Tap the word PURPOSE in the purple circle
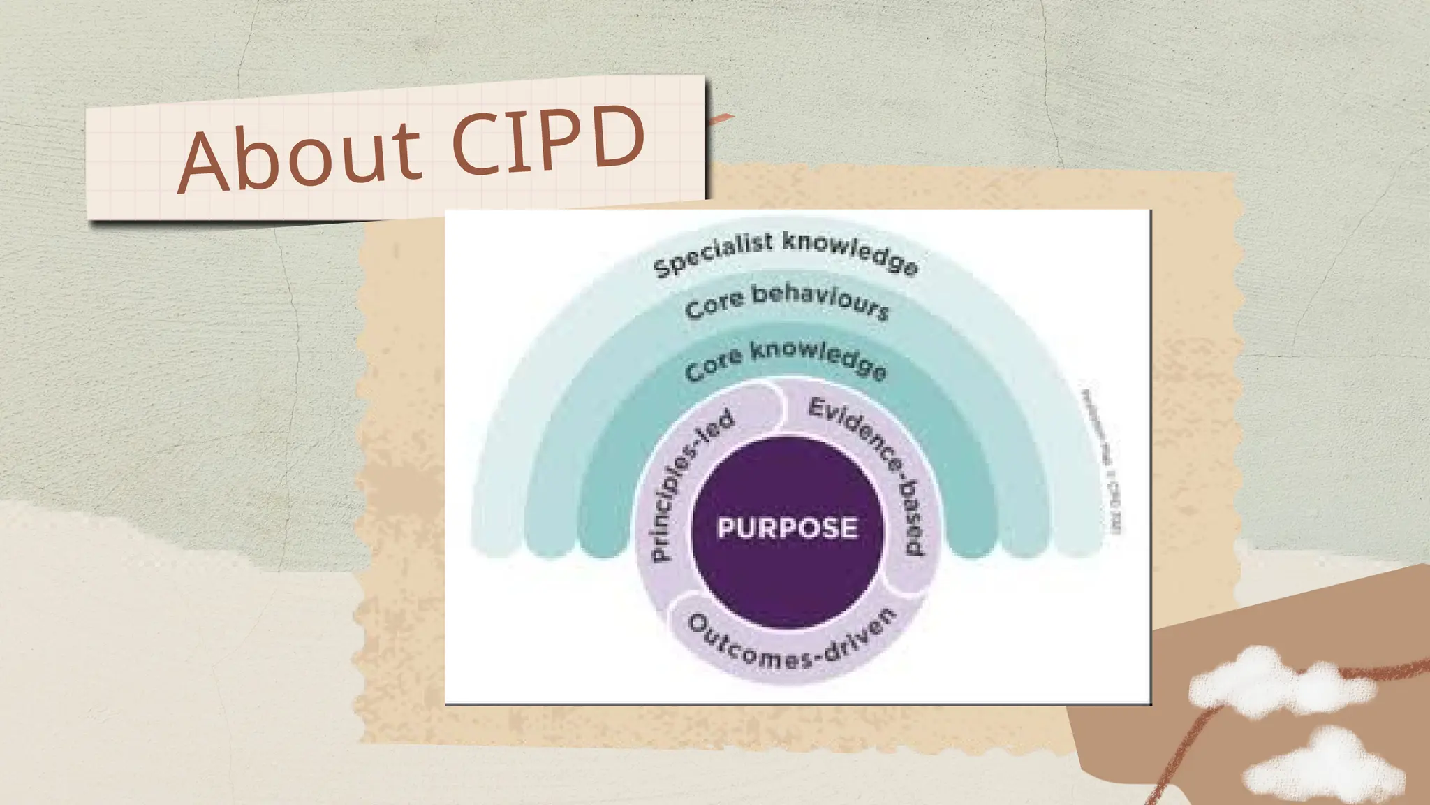tap(787, 528)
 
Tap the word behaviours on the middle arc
tap(820, 300)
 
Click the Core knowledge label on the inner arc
tap(786, 359)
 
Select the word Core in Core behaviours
tap(714, 305)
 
